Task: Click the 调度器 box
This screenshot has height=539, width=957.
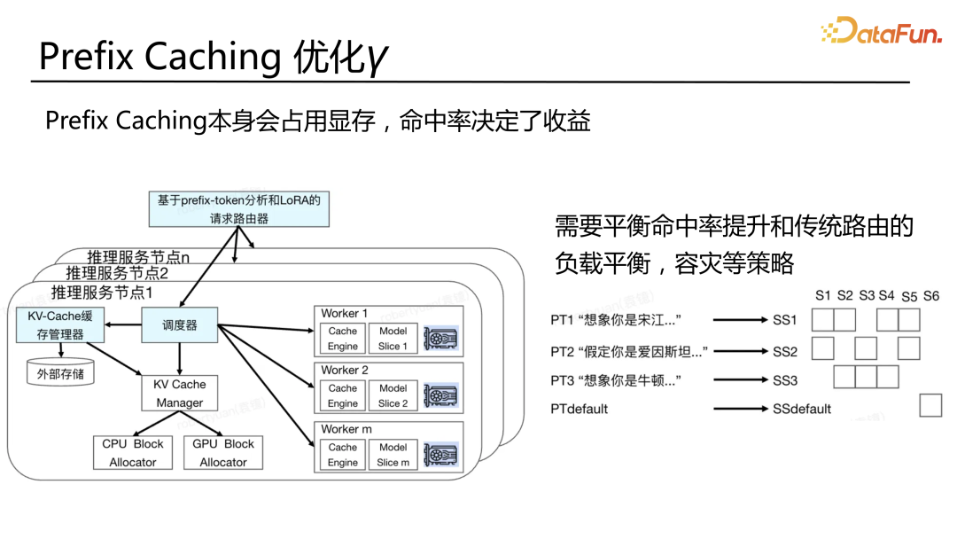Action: pos(180,325)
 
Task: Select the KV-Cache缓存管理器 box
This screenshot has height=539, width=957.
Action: pos(59,325)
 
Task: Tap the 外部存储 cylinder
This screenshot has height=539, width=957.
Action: pos(60,373)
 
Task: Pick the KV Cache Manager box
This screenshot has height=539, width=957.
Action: pos(180,393)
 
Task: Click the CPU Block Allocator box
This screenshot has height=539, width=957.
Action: pos(133,452)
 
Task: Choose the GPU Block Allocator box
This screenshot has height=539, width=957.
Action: pos(222,452)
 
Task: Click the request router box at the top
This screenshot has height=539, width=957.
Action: pos(238,209)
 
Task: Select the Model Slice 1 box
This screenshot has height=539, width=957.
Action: pos(393,339)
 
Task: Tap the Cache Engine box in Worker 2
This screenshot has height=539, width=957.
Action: pos(343,395)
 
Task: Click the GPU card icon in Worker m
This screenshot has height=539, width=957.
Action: pos(440,454)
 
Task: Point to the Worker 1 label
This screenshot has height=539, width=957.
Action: pos(345,313)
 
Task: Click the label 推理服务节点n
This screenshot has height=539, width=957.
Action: pos(139,257)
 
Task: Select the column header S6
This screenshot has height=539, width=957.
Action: pos(930,296)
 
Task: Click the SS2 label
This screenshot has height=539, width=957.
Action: pos(785,351)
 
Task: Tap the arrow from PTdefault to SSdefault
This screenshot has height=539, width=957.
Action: pos(740,409)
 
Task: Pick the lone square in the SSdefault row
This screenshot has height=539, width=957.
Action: pos(930,406)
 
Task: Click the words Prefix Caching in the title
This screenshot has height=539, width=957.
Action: pos(159,57)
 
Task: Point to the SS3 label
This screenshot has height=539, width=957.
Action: pos(785,380)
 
